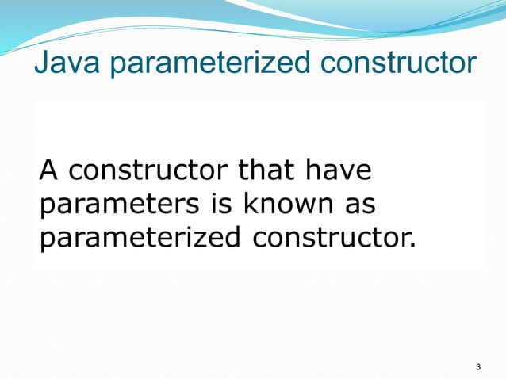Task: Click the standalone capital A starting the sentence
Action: [48, 170]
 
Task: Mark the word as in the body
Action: [358, 205]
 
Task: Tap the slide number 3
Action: [477, 367]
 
